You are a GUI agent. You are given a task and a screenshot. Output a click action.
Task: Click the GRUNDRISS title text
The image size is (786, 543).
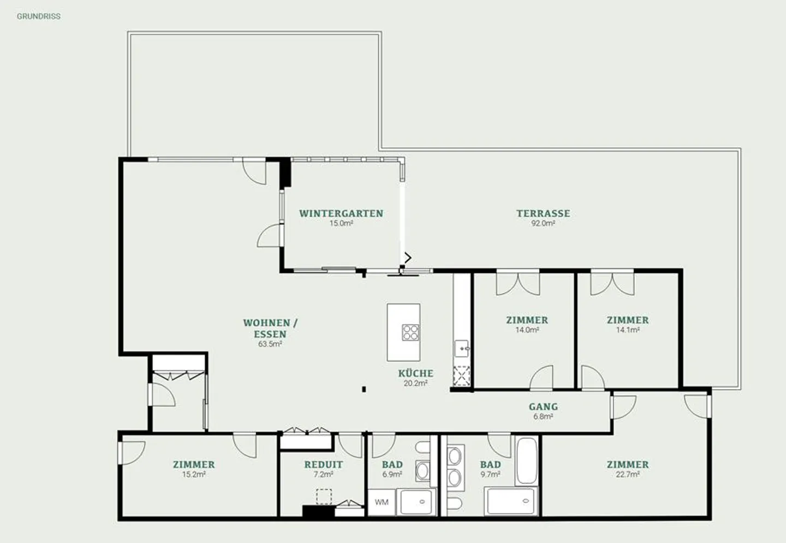tap(38, 16)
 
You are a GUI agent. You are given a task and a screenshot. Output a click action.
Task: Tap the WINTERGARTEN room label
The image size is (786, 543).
tap(341, 213)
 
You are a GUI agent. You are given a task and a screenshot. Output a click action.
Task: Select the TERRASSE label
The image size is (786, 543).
tap(543, 213)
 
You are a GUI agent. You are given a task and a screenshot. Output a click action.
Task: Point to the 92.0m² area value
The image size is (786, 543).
tap(543, 224)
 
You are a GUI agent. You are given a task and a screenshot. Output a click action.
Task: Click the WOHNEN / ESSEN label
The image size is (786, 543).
tap(270, 329)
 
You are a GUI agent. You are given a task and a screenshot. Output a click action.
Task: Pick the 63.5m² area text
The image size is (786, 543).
tap(270, 344)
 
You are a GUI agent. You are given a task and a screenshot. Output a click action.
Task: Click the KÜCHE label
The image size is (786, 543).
tap(415, 373)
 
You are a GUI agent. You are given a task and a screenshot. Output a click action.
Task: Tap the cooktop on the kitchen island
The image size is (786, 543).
tap(410, 332)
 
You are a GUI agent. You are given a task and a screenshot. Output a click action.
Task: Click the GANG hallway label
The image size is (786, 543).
tap(543, 407)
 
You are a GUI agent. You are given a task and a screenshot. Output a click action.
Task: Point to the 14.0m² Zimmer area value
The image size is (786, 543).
tap(527, 330)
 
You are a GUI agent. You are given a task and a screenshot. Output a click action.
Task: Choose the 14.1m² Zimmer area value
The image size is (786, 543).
tap(628, 330)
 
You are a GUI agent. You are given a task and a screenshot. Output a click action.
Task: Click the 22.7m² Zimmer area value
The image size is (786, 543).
tap(628, 475)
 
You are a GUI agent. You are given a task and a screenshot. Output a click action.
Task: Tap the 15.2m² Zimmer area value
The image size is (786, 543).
tap(194, 475)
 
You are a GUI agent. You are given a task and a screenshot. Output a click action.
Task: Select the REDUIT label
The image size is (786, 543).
tap(324, 464)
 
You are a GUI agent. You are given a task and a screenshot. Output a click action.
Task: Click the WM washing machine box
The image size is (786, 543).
tap(382, 502)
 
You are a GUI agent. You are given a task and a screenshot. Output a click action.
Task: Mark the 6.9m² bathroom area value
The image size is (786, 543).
tap(392, 475)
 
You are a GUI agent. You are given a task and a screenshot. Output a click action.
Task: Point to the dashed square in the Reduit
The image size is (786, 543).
tap(324, 497)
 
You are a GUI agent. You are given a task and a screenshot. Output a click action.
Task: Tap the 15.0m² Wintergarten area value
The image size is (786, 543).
tap(341, 224)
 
